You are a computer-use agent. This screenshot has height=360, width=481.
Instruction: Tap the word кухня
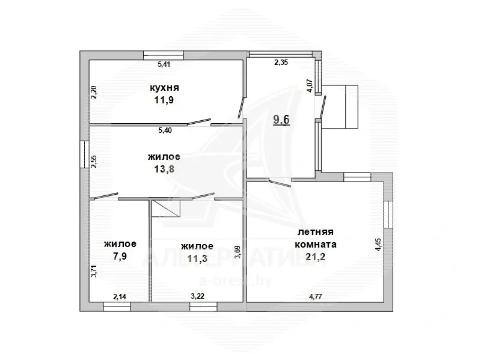pyautogui.click(x=165, y=88)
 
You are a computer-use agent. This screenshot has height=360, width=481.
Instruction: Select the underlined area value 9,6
pyautogui.click(x=281, y=119)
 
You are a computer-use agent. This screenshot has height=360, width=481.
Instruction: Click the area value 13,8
pyautogui.click(x=164, y=169)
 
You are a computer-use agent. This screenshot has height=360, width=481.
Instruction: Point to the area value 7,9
pyautogui.click(x=120, y=257)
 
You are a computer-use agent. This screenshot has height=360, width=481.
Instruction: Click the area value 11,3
pyautogui.click(x=197, y=259)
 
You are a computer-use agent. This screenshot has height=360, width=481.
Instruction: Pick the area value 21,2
pyautogui.click(x=315, y=258)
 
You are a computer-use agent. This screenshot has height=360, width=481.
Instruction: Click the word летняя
pyautogui.click(x=315, y=232)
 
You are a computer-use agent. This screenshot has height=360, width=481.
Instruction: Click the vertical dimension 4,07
pyautogui.click(x=310, y=85)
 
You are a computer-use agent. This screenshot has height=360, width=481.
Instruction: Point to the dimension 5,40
pyautogui.click(x=164, y=130)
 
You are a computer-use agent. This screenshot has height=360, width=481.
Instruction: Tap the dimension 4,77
pyautogui.click(x=316, y=296)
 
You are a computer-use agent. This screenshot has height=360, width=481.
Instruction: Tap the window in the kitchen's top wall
pyautogui.click(x=164, y=55)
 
